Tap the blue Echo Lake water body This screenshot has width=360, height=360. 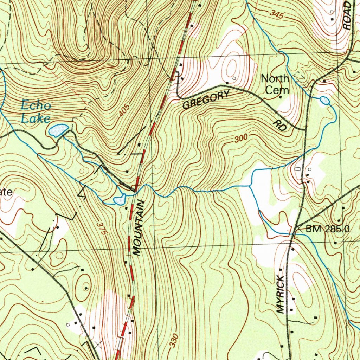pyautogui.click(x=58, y=130)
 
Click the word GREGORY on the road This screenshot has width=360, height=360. pyautogui.click(x=206, y=99)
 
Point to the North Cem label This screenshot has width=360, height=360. pyautogui.click(x=275, y=84)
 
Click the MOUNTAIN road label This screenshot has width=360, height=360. pyautogui.click(x=138, y=228)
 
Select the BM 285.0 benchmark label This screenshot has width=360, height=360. pyautogui.click(x=327, y=229)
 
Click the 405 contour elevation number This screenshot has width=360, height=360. pyautogui.click(x=124, y=110)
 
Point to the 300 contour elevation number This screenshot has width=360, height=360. pyautogui.click(x=241, y=139)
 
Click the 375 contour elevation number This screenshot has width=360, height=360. pyautogui.click(x=101, y=229)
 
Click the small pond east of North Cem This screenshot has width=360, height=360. pyautogui.click(x=325, y=101)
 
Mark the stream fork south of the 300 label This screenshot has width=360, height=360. pyautogui.click(x=250, y=185)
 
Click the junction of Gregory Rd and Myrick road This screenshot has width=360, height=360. pyautogui.click(x=304, y=130)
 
